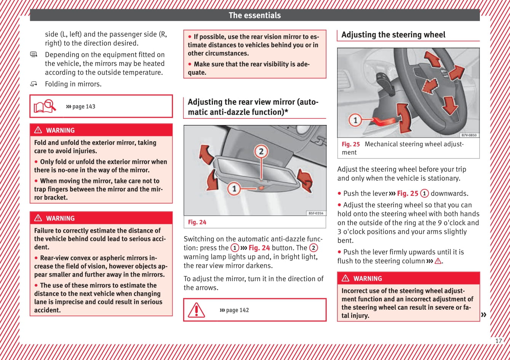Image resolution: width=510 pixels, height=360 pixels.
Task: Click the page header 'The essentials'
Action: pyautogui.click(x=254, y=15)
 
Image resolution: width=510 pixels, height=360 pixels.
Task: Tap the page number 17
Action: pyautogui.click(x=499, y=341)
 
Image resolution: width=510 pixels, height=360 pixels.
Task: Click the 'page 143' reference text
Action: pyautogui.click(x=81, y=107)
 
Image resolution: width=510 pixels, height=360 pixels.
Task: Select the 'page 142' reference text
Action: pyautogui.click(x=234, y=310)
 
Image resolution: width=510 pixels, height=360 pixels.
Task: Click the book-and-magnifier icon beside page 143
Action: pyautogui.click(x=45, y=106)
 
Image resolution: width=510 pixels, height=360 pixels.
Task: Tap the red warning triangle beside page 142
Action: pyautogui.click(x=197, y=310)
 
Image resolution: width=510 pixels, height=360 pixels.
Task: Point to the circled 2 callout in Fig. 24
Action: pyautogui.click(x=261, y=152)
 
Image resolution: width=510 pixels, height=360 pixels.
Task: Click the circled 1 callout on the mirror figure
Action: pyautogui.click(x=234, y=188)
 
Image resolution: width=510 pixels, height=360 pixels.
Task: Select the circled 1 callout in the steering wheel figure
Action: pyautogui.click(x=355, y=120)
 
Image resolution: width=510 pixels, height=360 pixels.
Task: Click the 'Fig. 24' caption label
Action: pyautogui.click(x=197, y=222)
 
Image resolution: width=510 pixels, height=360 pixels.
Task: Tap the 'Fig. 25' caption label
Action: pyautogui.click(x=350, y=144)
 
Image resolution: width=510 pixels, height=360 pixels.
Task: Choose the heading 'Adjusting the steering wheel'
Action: pyautogui.click(x=393, y=35)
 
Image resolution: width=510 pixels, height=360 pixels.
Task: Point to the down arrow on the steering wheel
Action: pyautogui.click(x=450, y=105)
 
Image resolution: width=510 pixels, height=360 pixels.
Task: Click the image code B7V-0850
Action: pyautogui.click(x=468, y=135)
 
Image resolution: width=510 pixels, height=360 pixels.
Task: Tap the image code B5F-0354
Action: pyautogui.click(x=316, y=213)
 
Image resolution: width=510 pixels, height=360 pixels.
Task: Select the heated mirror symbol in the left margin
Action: pyautogui.click(x=34, y=55)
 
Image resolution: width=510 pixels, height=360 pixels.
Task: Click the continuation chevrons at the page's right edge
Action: pyautogui.click(x=484, y=315)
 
